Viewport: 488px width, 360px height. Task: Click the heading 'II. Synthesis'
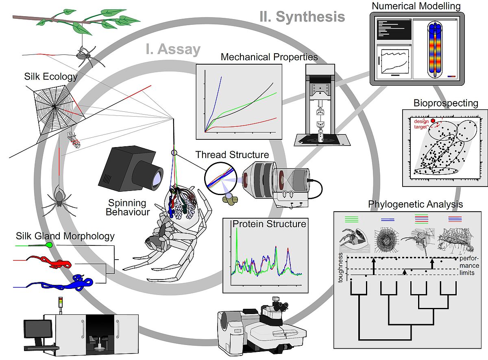click(302, 17)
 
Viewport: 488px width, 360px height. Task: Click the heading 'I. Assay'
click(173, 49)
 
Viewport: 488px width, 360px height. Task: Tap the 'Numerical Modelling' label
click(416, 6)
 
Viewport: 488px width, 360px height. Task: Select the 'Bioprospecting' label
click(446, 103)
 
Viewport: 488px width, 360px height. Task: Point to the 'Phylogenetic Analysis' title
click(415, 204)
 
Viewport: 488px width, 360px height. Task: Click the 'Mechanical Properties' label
click(269, 57)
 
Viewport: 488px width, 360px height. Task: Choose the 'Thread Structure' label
click(232, 155)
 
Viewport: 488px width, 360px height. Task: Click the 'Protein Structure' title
click(269, 224)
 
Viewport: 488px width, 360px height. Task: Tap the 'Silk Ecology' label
click(50, 76)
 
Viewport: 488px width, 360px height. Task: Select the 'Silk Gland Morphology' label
click(65, 236)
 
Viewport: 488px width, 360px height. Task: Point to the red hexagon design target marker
click(433, 121)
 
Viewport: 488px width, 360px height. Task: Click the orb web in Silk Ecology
click(54, 106)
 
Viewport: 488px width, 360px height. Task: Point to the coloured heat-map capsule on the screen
click(435, 50)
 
